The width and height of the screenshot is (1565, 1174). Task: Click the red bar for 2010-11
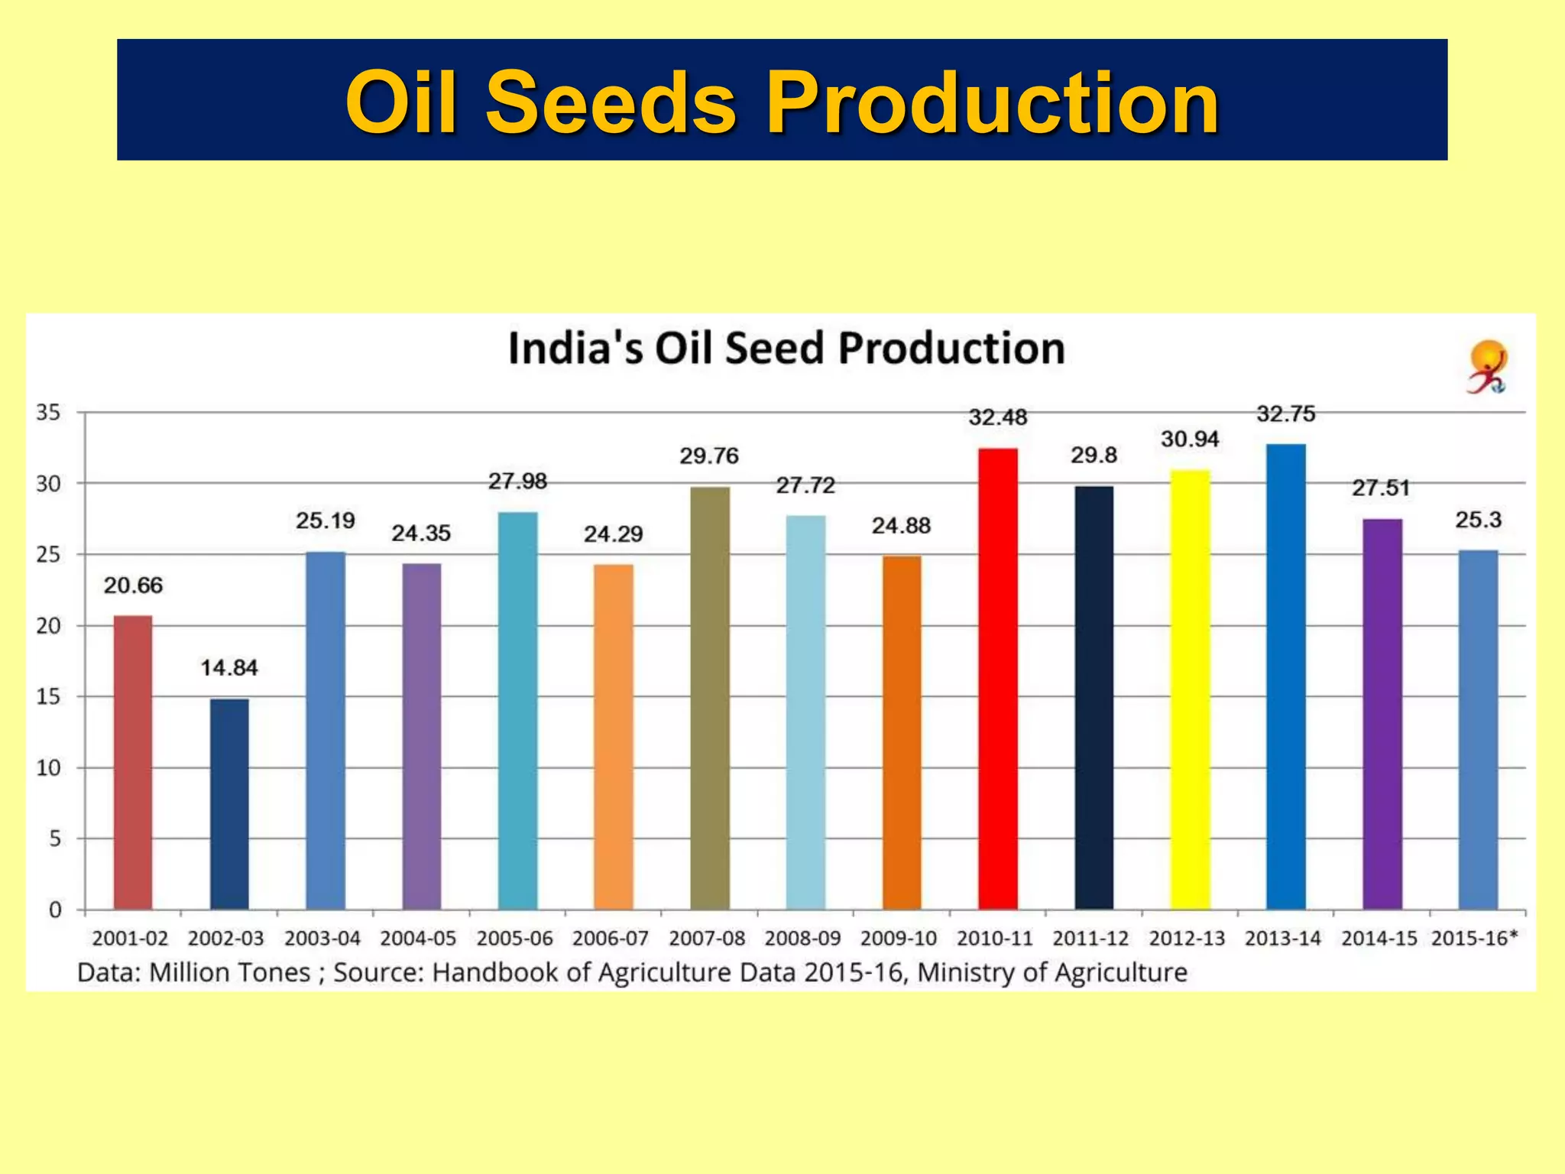tap(997, 680)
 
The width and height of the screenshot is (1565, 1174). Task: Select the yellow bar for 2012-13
tap(1190, 688)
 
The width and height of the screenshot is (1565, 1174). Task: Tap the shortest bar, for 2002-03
tap(229, 803)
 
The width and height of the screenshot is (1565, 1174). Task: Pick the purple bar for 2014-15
tap(1382, 715)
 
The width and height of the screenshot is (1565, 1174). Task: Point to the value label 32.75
tap(1285, 414)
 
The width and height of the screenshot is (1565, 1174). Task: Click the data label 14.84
tap(229, 668)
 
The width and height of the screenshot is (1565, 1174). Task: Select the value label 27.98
tap(517, 482)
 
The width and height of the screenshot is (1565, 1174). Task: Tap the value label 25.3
tap(1478, 520)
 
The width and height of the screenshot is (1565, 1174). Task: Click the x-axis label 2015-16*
tap(1474, 938)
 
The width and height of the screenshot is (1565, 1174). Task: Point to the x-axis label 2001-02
tap(130, 938)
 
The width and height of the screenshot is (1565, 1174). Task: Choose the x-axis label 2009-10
tap(898, 938)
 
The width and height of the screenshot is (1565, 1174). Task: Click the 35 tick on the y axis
tap(48, 413)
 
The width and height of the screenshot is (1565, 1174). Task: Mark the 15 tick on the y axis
tap(48, 696)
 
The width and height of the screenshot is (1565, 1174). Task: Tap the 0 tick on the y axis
tap(55, 910)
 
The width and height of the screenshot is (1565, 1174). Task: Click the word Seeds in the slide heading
tap(611, 102)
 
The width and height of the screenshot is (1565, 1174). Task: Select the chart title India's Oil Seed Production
tap(786, 349)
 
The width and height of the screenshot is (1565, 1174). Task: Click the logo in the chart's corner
tap(1487, 368)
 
